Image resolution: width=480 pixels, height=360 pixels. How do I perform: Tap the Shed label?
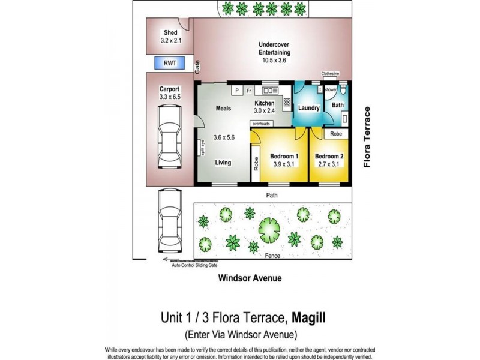170,33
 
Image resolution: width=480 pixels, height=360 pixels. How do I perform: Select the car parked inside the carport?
169,137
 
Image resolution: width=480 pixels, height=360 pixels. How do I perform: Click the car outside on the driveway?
169,221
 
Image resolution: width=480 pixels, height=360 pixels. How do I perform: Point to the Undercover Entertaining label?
274,48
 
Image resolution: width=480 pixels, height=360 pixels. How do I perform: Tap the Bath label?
338,105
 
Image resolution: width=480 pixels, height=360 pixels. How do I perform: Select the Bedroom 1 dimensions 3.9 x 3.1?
279,164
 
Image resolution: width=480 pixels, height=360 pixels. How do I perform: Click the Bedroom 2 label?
329,157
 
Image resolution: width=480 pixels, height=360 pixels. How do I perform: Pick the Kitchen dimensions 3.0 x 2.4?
265,110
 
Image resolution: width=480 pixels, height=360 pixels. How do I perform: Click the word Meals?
224,109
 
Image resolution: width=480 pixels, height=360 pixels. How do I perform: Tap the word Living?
224,163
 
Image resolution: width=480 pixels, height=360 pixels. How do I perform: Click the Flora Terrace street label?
367,137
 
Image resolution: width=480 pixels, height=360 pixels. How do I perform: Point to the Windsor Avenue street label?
250,278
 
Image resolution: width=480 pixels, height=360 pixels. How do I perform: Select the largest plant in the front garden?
269,227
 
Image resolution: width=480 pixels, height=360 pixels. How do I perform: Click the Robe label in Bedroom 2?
337,134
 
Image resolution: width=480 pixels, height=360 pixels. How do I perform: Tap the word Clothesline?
330,74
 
